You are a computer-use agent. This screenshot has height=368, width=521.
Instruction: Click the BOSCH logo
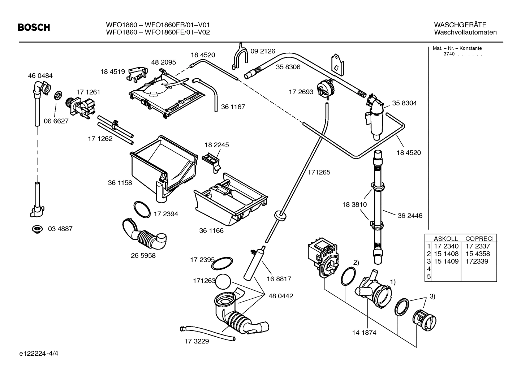coord(34,27)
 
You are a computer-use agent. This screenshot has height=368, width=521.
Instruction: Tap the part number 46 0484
coord(40,76)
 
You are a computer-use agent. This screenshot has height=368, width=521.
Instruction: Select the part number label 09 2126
coord(263,51)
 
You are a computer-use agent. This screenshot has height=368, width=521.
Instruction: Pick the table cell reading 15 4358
coord(478,254)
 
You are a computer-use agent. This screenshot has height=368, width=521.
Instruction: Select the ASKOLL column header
coord(445,239)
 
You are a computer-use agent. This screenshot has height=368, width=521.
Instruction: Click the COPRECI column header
coord(479,239)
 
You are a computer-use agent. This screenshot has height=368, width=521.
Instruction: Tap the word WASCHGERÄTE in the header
coord(460,25)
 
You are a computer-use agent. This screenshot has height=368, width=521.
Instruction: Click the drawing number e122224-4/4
coord(39,353)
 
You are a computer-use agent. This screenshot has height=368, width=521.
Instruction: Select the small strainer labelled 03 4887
coord(36,229)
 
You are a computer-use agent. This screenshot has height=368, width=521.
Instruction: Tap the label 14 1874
coord(364,333)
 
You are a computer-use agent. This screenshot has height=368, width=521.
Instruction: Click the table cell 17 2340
coord(446,246)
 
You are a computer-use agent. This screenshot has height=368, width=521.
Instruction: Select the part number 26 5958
coord(143,255)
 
